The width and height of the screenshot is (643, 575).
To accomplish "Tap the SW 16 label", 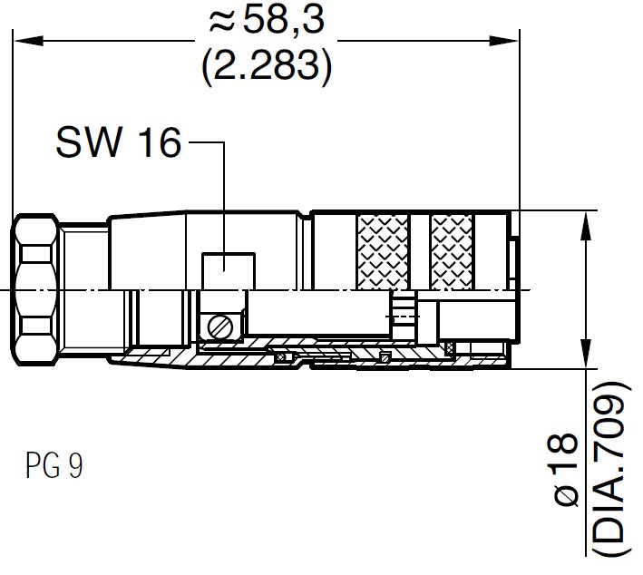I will click(118, 142).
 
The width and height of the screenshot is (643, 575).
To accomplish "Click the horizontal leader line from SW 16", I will click(203, 142).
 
